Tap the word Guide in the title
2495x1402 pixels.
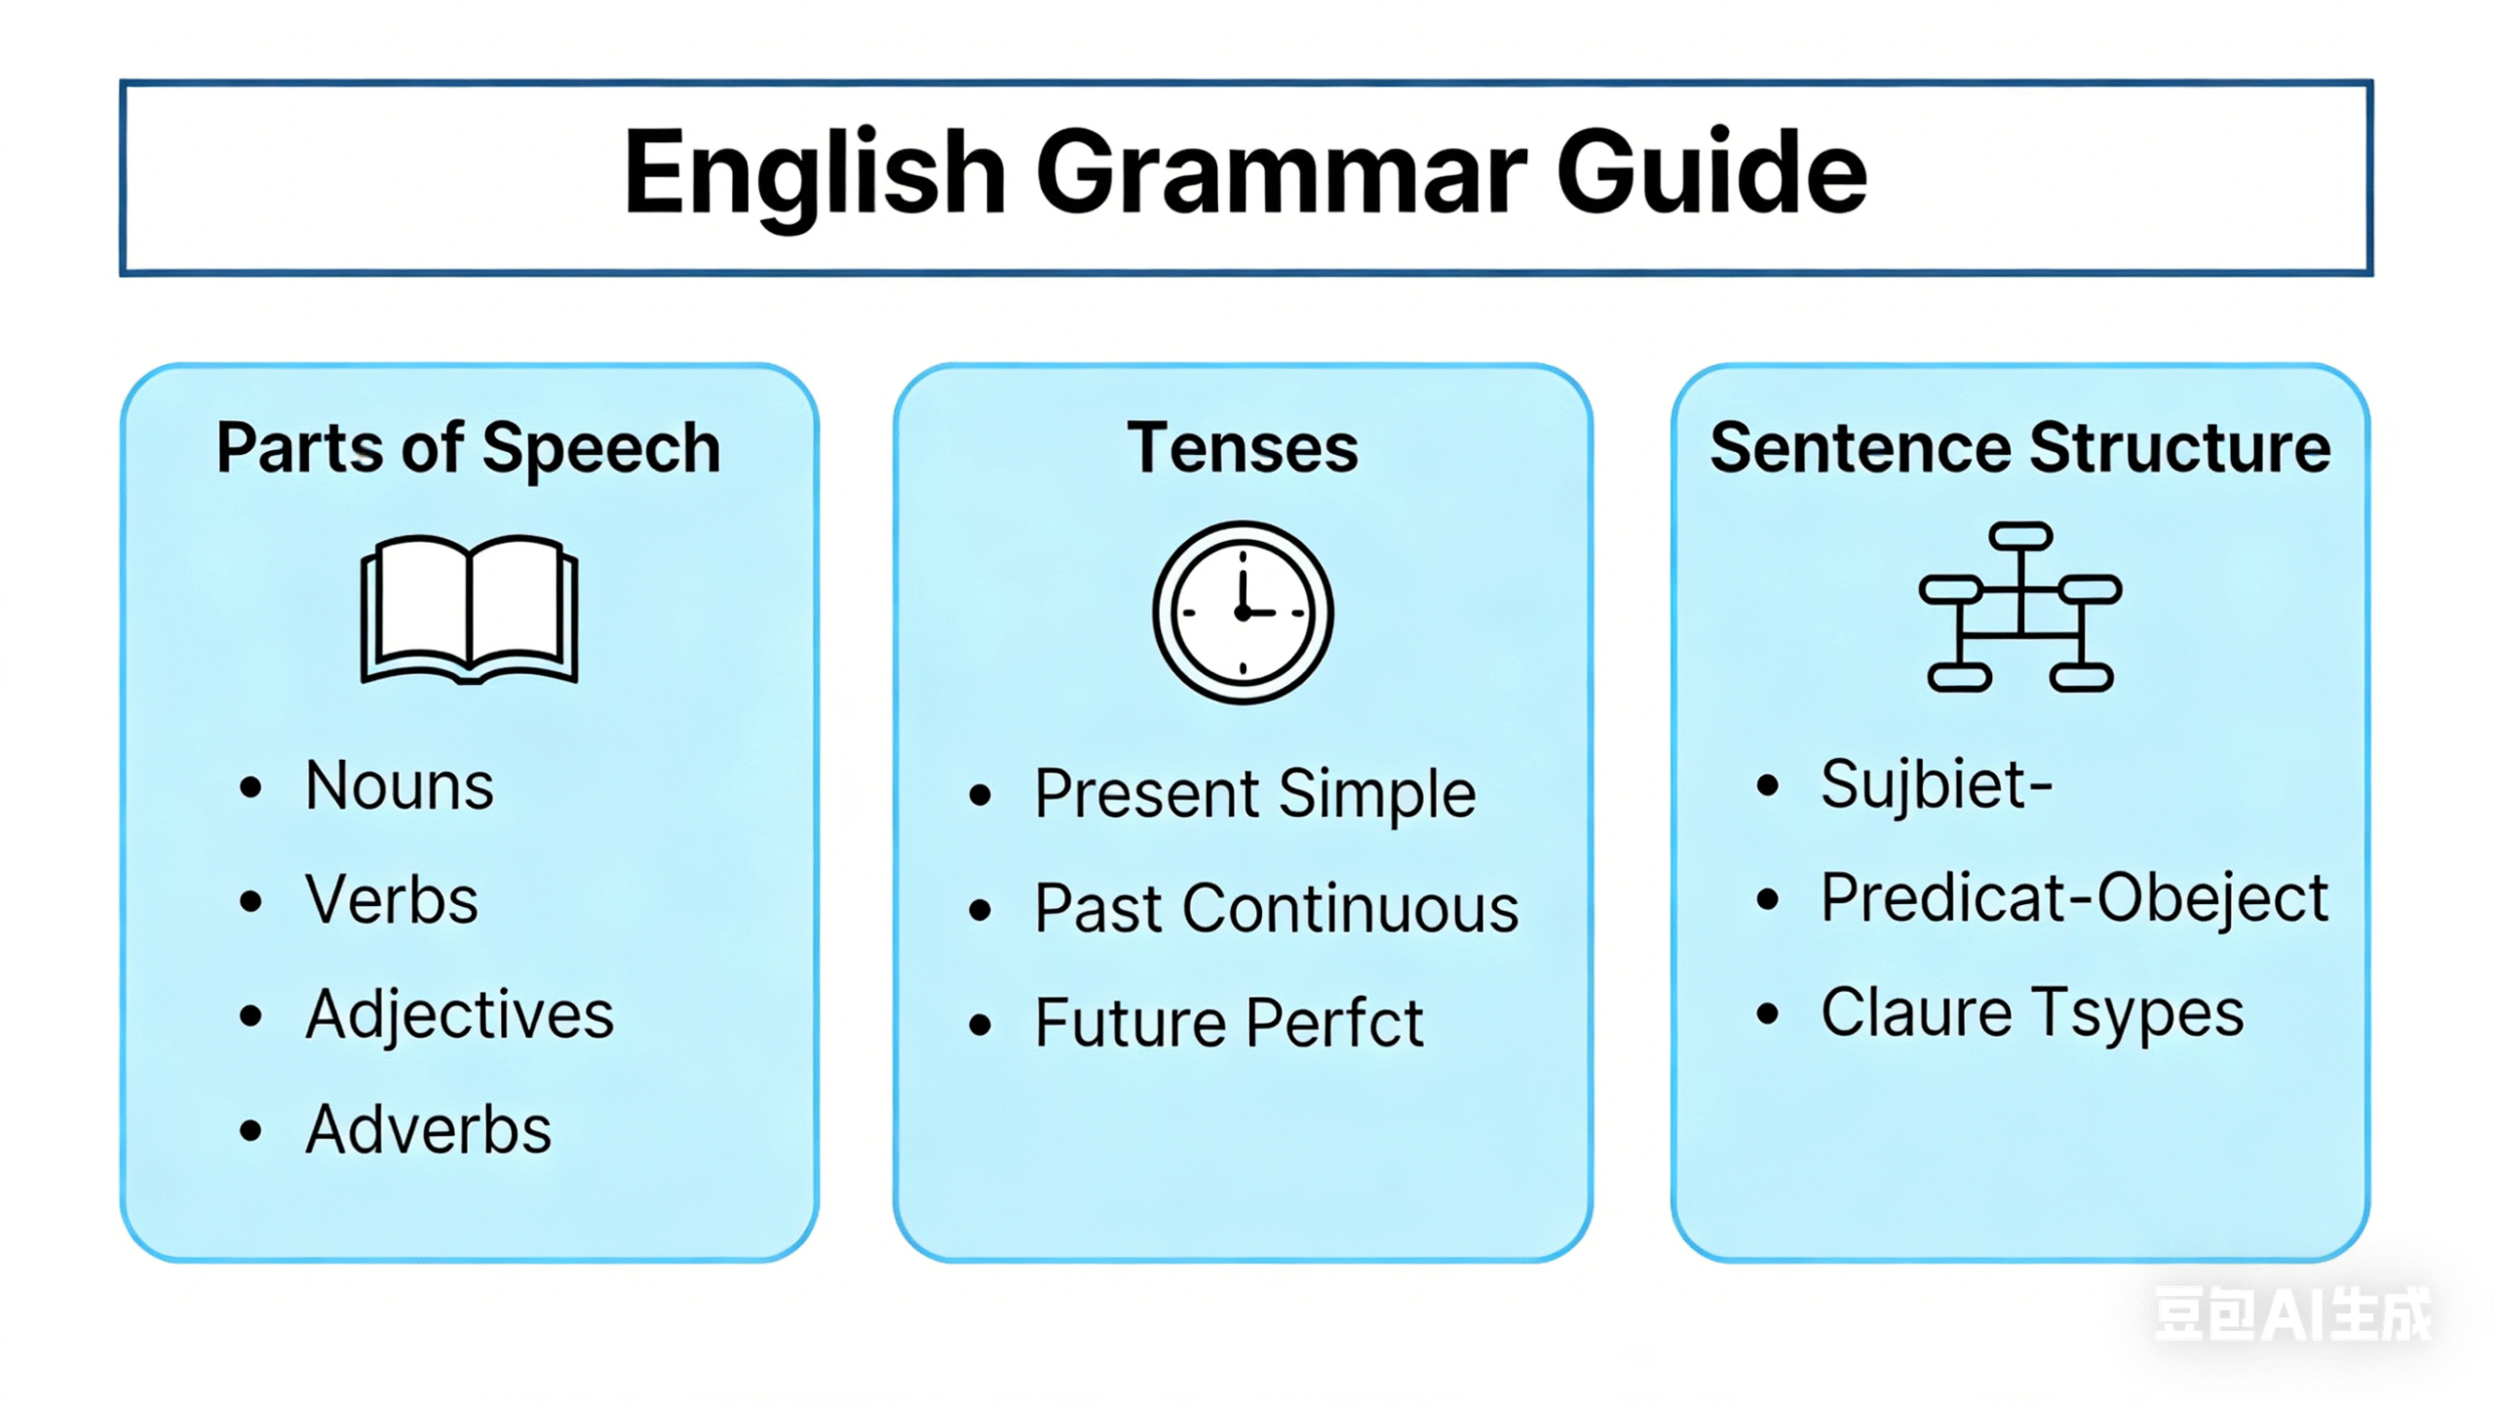(1711, 175)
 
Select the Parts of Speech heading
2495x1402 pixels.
(468, 448)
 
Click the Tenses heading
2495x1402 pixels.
(1243, 448)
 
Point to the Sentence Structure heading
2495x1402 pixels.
(2019, 448)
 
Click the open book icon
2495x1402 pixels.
(469, 609)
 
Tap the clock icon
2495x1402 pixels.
(1243, 612)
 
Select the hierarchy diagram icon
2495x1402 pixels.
(2020, 608)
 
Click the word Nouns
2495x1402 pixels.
(400, 785)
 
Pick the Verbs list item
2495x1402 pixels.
(392, 899)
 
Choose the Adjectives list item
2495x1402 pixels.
(459, 1015)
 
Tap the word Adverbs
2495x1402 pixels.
(428, 1130)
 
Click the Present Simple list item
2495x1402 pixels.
(1254, 794)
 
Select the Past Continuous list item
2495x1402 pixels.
(1276, 909)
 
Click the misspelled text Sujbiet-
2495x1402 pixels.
(1936, 784)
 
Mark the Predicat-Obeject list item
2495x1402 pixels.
(2074, 898)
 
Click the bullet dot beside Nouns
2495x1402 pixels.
(250, 787)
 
